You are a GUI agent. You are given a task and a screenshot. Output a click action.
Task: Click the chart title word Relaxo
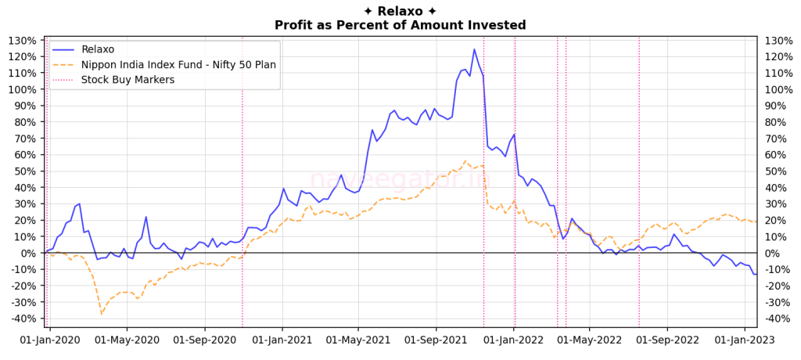400,11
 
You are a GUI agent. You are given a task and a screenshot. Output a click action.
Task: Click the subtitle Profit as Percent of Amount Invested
400,25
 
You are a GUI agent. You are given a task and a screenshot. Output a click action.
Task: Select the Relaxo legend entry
98,49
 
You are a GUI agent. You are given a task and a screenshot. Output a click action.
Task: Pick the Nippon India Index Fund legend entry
178,64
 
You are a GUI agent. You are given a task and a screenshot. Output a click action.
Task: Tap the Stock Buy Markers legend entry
128,79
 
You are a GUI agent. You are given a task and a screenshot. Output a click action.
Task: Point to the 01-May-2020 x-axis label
127,340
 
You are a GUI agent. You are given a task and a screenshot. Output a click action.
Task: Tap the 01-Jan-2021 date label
281,340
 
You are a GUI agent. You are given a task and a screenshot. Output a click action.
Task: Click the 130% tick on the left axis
22,41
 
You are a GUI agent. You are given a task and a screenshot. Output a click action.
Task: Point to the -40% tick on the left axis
22,319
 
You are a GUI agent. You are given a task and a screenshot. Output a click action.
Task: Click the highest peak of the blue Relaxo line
474,49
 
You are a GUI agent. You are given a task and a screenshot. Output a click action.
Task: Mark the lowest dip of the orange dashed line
101,314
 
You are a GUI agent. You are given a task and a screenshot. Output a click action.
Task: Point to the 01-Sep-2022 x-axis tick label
666,340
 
